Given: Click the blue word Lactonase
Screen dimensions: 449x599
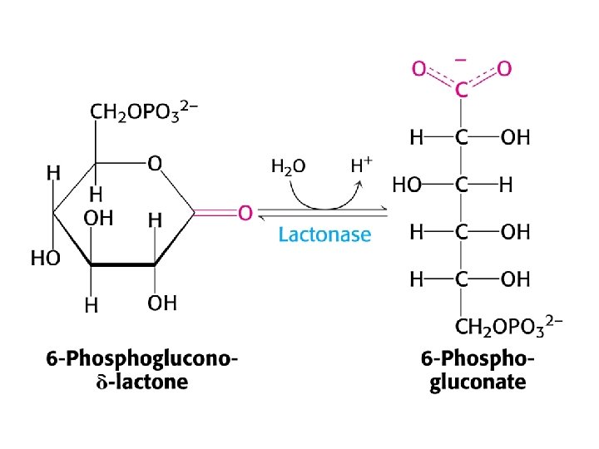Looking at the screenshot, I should (x=324, y=234).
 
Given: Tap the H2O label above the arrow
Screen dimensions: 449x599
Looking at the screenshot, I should (x=288, y=165).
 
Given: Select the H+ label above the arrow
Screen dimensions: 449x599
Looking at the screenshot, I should (x=361, y=164).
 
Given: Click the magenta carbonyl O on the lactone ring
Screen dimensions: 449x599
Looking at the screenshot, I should (x=245, y=214).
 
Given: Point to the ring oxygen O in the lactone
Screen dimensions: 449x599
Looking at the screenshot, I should (x=155, y=164).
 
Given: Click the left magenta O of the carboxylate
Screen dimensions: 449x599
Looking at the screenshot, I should (x=419, y=68).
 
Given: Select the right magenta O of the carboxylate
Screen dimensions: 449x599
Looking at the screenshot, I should (x=503, y=68).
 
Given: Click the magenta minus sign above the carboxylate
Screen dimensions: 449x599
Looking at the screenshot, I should (x=460, y=60).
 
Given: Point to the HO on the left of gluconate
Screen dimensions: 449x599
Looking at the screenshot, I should (x=407, y=185).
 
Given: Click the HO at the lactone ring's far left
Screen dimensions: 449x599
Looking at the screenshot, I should (x=45, y=258).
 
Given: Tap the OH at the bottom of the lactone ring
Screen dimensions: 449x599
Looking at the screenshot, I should (x=162, y=303).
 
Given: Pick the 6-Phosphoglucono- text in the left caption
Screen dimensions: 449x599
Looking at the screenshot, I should (x=142, y=359).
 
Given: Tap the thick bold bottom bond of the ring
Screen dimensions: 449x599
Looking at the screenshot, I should (x=122, y=266).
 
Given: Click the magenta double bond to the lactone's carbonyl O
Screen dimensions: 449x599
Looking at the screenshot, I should (x=215, y=214).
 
